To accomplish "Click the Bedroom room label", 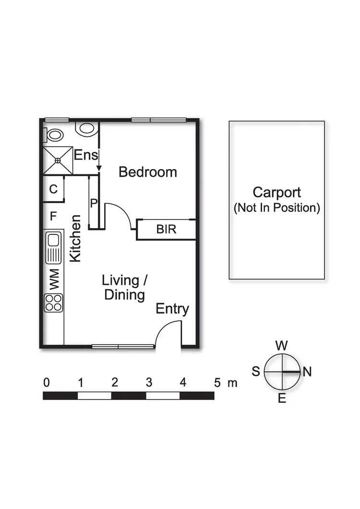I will [148, 172].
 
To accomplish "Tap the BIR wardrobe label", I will [167, 230].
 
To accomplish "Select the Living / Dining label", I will [124, 287].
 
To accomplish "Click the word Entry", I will [172, 309].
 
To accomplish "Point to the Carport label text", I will [277, 193].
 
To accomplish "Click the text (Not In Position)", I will [277, 208].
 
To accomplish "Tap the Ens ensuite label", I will [86, 155].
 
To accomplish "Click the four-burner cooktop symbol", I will [54, 303].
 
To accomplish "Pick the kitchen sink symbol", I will [54, 247].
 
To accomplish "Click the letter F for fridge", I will [53, 217].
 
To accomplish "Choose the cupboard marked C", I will [53, 189].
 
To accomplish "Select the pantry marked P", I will [94, 203].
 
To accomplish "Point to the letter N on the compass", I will [307, 372].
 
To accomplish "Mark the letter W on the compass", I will [282, 345].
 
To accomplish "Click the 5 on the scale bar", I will [217, 383].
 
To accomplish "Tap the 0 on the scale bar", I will [47, 383].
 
